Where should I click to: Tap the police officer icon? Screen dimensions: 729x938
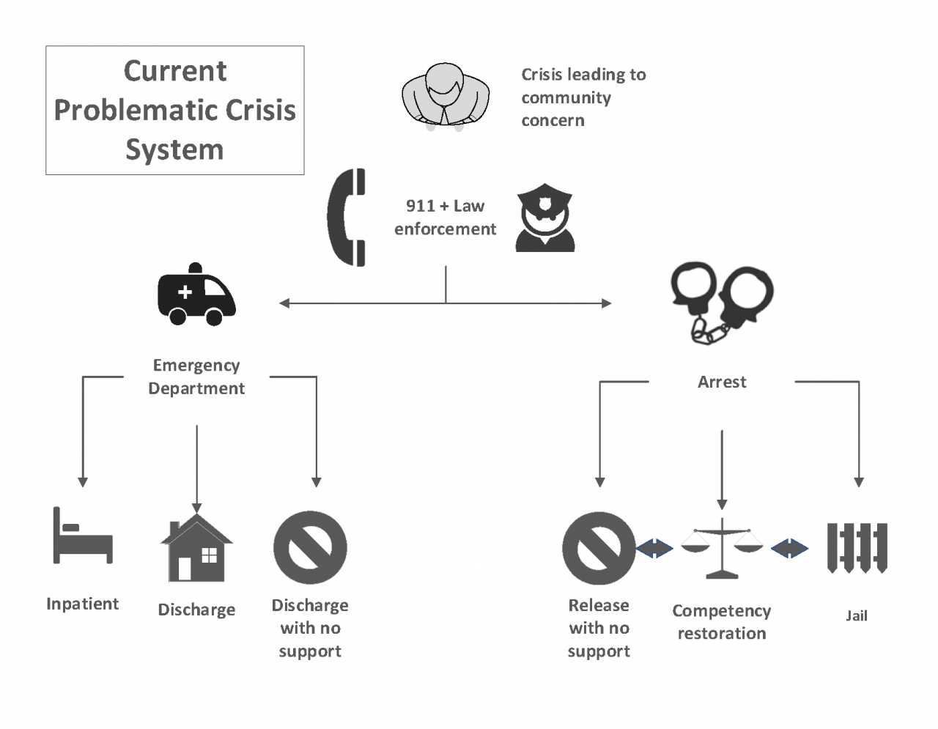(x=544, y=218)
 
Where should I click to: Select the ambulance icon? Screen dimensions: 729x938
(x=196, y=295)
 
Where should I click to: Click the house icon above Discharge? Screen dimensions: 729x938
(x=196, y=549)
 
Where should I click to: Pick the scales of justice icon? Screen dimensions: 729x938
(x=722, y=549)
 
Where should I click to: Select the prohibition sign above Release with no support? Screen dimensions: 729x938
(x=599, y=548)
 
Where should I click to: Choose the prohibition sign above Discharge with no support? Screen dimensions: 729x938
(x=310, y=547)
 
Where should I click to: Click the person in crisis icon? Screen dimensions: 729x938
(x=445, y=96)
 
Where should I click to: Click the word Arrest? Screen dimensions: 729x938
(x=722, y=382)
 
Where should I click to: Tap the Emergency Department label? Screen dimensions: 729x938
(x=196, y=377)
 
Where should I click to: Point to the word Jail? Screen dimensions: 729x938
(x=857, y=615)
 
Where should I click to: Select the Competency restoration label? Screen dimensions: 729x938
(x=722, y=622)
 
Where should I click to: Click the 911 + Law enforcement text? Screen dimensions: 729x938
(x=445, y=218)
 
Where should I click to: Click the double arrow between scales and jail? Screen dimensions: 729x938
(x=789, y=548)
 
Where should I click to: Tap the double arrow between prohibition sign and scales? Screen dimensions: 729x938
(x=654, y=548)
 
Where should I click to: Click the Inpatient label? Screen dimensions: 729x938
(x=82, y=604)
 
